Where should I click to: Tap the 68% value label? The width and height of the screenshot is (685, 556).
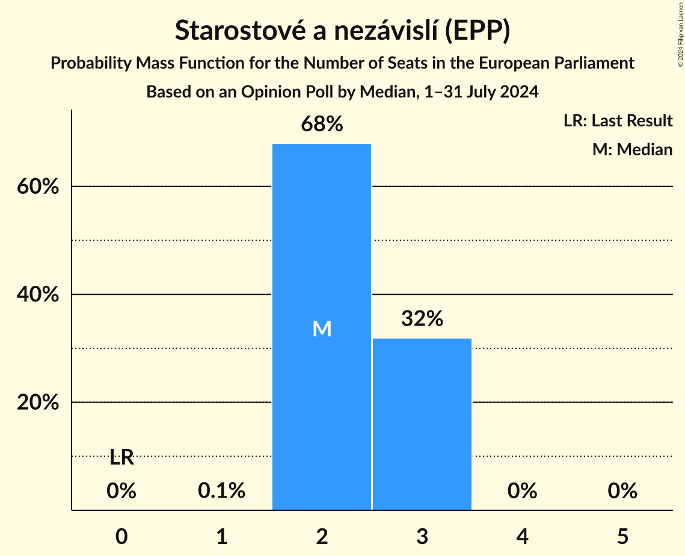[x=322, y=125]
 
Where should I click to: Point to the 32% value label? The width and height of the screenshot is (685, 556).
[x=422, y=319]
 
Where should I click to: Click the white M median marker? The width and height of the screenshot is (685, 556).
[x=322, y=329]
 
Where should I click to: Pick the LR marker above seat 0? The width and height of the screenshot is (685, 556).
[x=121, y=458]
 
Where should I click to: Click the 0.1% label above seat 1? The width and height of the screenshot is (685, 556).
[x=221, y=491]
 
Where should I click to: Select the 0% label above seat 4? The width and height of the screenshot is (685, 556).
[x=522, y=491]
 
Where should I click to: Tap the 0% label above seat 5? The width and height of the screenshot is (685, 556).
[x=622, y=491]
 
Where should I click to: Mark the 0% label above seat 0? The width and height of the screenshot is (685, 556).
[x=121, y=491]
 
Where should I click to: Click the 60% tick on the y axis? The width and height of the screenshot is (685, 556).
[x=37, y=187]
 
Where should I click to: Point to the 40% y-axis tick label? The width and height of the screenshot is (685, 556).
[x=37, y=294]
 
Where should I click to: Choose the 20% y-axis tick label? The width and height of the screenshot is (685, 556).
[x=37, y=402]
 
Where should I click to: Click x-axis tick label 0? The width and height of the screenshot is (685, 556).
[x=121, y=536]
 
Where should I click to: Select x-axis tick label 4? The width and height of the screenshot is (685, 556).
[x=522, y=536]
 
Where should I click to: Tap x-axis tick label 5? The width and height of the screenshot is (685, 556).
[x=622, y=536]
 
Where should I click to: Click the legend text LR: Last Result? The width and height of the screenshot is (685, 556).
[x=618, y=121]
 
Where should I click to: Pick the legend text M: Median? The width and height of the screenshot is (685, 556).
[x=632, y=149]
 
